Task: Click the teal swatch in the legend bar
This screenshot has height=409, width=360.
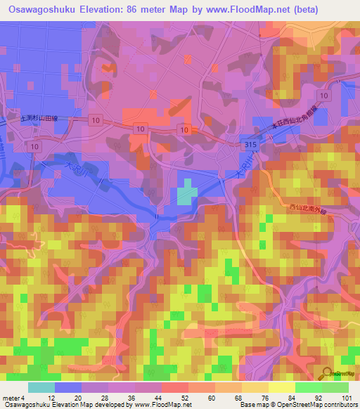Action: pos(41,387)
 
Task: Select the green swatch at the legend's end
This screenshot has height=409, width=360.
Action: pos(335,387)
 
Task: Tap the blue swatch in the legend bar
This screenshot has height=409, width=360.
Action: pos(68,387)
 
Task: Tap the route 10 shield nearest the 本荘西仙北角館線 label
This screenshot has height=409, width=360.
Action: pos(323,96)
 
